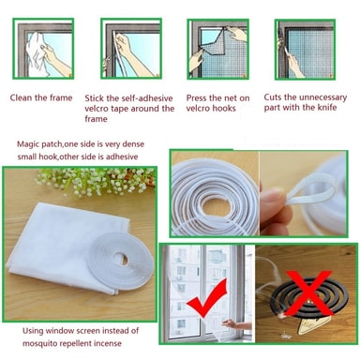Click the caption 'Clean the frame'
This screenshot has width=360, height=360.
pyautogui.click(x=41, y=97)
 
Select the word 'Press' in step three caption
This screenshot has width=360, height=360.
pyautogui.click(x=196, y=98)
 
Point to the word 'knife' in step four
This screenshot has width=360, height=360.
pyautogui.click(x=327, y=108)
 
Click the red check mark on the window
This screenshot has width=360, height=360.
pyautogui.click(x=207, y=298)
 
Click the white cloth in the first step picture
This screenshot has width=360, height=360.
pyautogui.click(x=38, y=53)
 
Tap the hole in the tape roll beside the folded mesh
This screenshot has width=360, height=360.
pyautogui.click(x=120, y=259)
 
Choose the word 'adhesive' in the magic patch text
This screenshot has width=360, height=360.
pyautogui.click(x=122, y=157)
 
